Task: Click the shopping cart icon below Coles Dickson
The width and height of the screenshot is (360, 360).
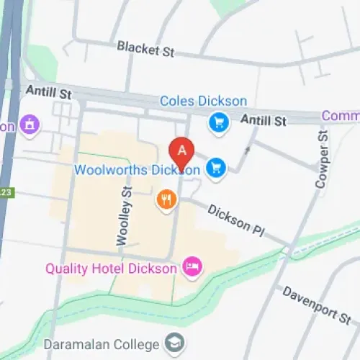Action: point(217,123)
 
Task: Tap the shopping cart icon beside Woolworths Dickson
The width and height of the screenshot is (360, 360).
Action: point(215,168)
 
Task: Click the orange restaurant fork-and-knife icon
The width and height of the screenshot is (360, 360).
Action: point(166,199)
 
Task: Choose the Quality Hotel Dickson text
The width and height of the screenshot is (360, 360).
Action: point(111,269)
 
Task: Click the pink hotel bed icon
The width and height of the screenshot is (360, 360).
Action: point(192,267)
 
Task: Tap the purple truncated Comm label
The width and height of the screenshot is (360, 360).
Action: point(341,116)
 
